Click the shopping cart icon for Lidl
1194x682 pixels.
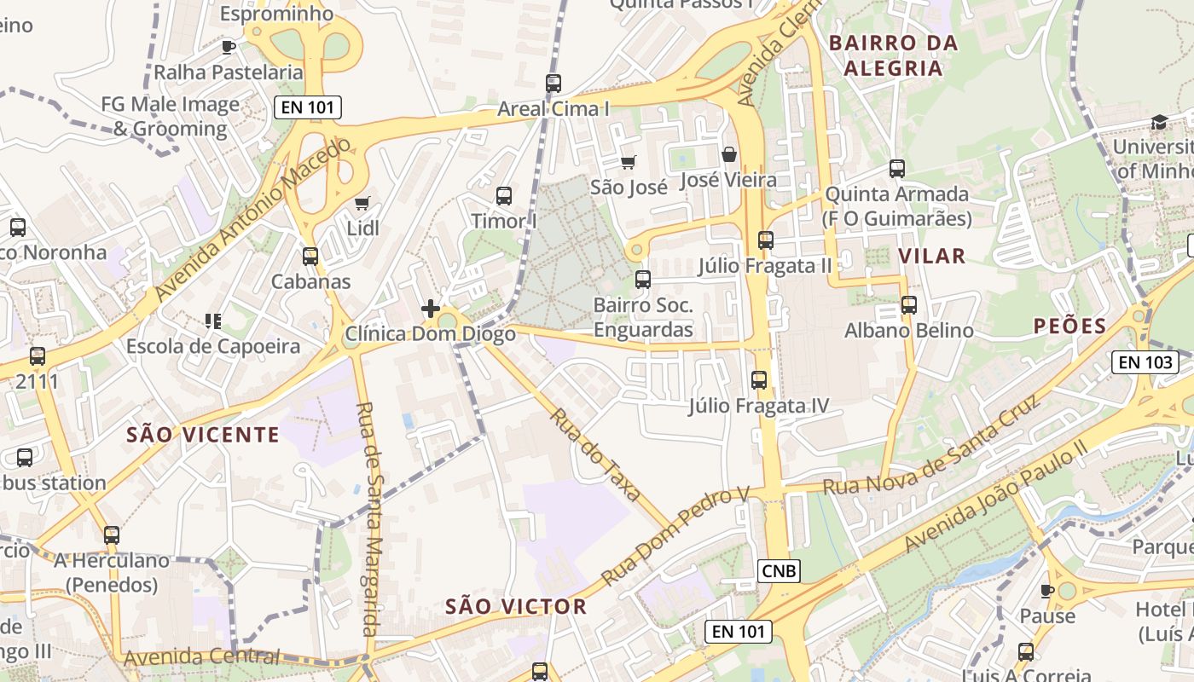362,203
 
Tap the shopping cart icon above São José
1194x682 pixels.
629,162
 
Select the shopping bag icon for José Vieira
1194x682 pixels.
729,154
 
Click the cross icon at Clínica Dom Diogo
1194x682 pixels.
431,309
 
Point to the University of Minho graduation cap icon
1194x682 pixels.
1159,122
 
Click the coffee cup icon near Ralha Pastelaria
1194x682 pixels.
228,47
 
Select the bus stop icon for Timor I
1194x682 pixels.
504,196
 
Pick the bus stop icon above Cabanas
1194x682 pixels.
310,256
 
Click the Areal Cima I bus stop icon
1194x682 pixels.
554,84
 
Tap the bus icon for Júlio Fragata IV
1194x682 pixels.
759,380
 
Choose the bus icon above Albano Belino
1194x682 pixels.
909,305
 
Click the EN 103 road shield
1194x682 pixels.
1145,362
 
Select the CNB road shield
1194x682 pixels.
780,571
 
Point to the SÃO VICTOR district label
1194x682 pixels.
516,607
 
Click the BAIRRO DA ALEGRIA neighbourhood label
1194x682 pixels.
894,55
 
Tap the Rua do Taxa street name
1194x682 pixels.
595,454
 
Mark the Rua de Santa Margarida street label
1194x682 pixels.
369,520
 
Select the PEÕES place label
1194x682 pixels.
1069,326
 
